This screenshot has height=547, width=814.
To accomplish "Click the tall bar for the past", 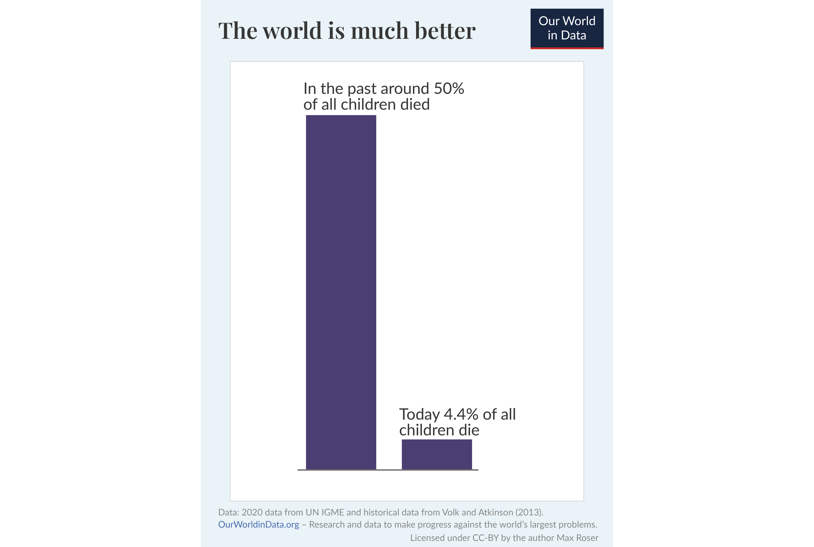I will pos(341,292).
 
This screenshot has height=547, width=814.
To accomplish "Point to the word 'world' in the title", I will pos(292,31).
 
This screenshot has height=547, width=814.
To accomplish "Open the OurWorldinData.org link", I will pos(258,525).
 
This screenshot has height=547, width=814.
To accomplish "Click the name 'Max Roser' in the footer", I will pos(577,538).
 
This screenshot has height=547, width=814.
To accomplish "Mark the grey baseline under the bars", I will pos(388,470).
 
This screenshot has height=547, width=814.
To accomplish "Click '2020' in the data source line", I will pos(252,513).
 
